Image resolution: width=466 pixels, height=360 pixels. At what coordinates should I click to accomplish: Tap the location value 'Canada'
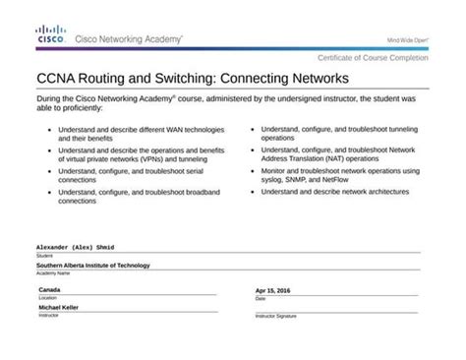click(x=49, y=291)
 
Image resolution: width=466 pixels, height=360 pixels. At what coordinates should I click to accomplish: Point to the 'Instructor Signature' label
click(x=277, y=316)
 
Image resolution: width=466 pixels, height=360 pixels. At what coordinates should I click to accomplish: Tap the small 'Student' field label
click(x=44, y=255)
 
